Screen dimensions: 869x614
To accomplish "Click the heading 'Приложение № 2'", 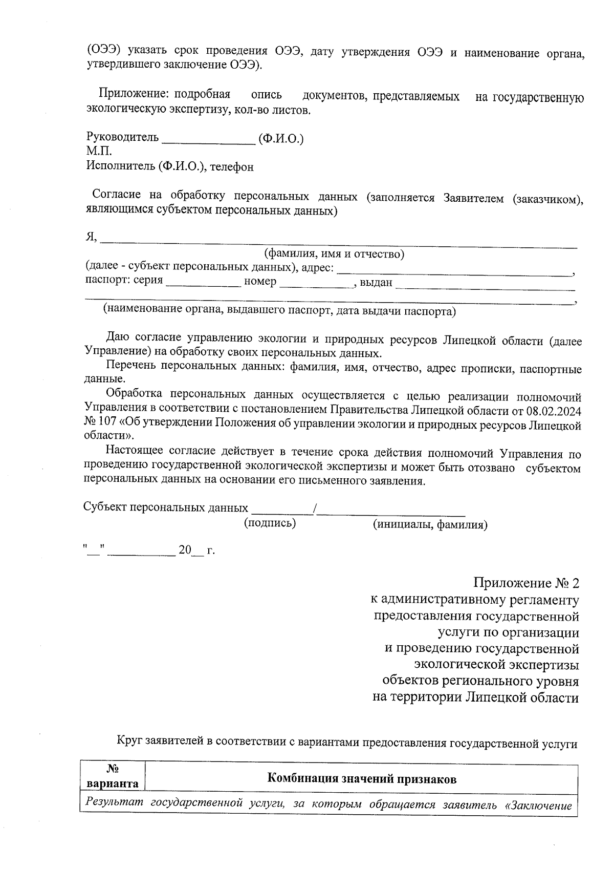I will coord(527,583).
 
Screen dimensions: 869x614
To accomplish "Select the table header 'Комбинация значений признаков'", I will coord(362,779).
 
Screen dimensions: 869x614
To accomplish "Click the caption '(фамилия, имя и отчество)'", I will coord(334,254).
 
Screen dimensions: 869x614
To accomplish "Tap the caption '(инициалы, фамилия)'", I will coord(429,525).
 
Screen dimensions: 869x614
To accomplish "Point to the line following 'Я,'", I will coord(338,244).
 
